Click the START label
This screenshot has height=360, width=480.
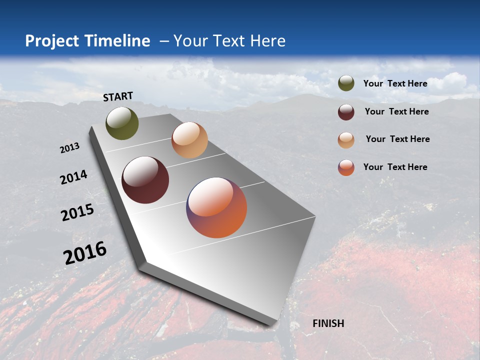coord(118,96)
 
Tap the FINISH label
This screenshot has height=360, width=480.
coord(328,323)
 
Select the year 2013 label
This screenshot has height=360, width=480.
coord(70,148)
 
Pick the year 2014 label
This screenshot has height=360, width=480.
coord(73,177)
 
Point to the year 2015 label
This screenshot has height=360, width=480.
coord(77,212)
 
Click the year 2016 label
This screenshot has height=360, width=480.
coord(85,252)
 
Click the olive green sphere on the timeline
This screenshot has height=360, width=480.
coord(122,123)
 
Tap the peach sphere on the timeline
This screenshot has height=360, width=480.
coord(189,140)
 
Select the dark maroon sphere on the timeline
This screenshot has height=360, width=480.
coord(145,180)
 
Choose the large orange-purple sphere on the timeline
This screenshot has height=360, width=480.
coord(216,207)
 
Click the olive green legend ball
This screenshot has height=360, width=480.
coord(346,83)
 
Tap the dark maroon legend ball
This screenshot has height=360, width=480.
coord(346,112)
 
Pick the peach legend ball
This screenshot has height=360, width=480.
coord(346,140)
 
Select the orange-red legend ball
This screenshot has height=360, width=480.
coord(346,167)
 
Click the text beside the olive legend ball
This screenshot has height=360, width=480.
coord(395,83)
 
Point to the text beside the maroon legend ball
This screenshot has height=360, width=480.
coord(396,111)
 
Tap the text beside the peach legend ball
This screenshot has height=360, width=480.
coord(397,139)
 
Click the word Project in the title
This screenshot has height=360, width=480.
coord(52,41)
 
